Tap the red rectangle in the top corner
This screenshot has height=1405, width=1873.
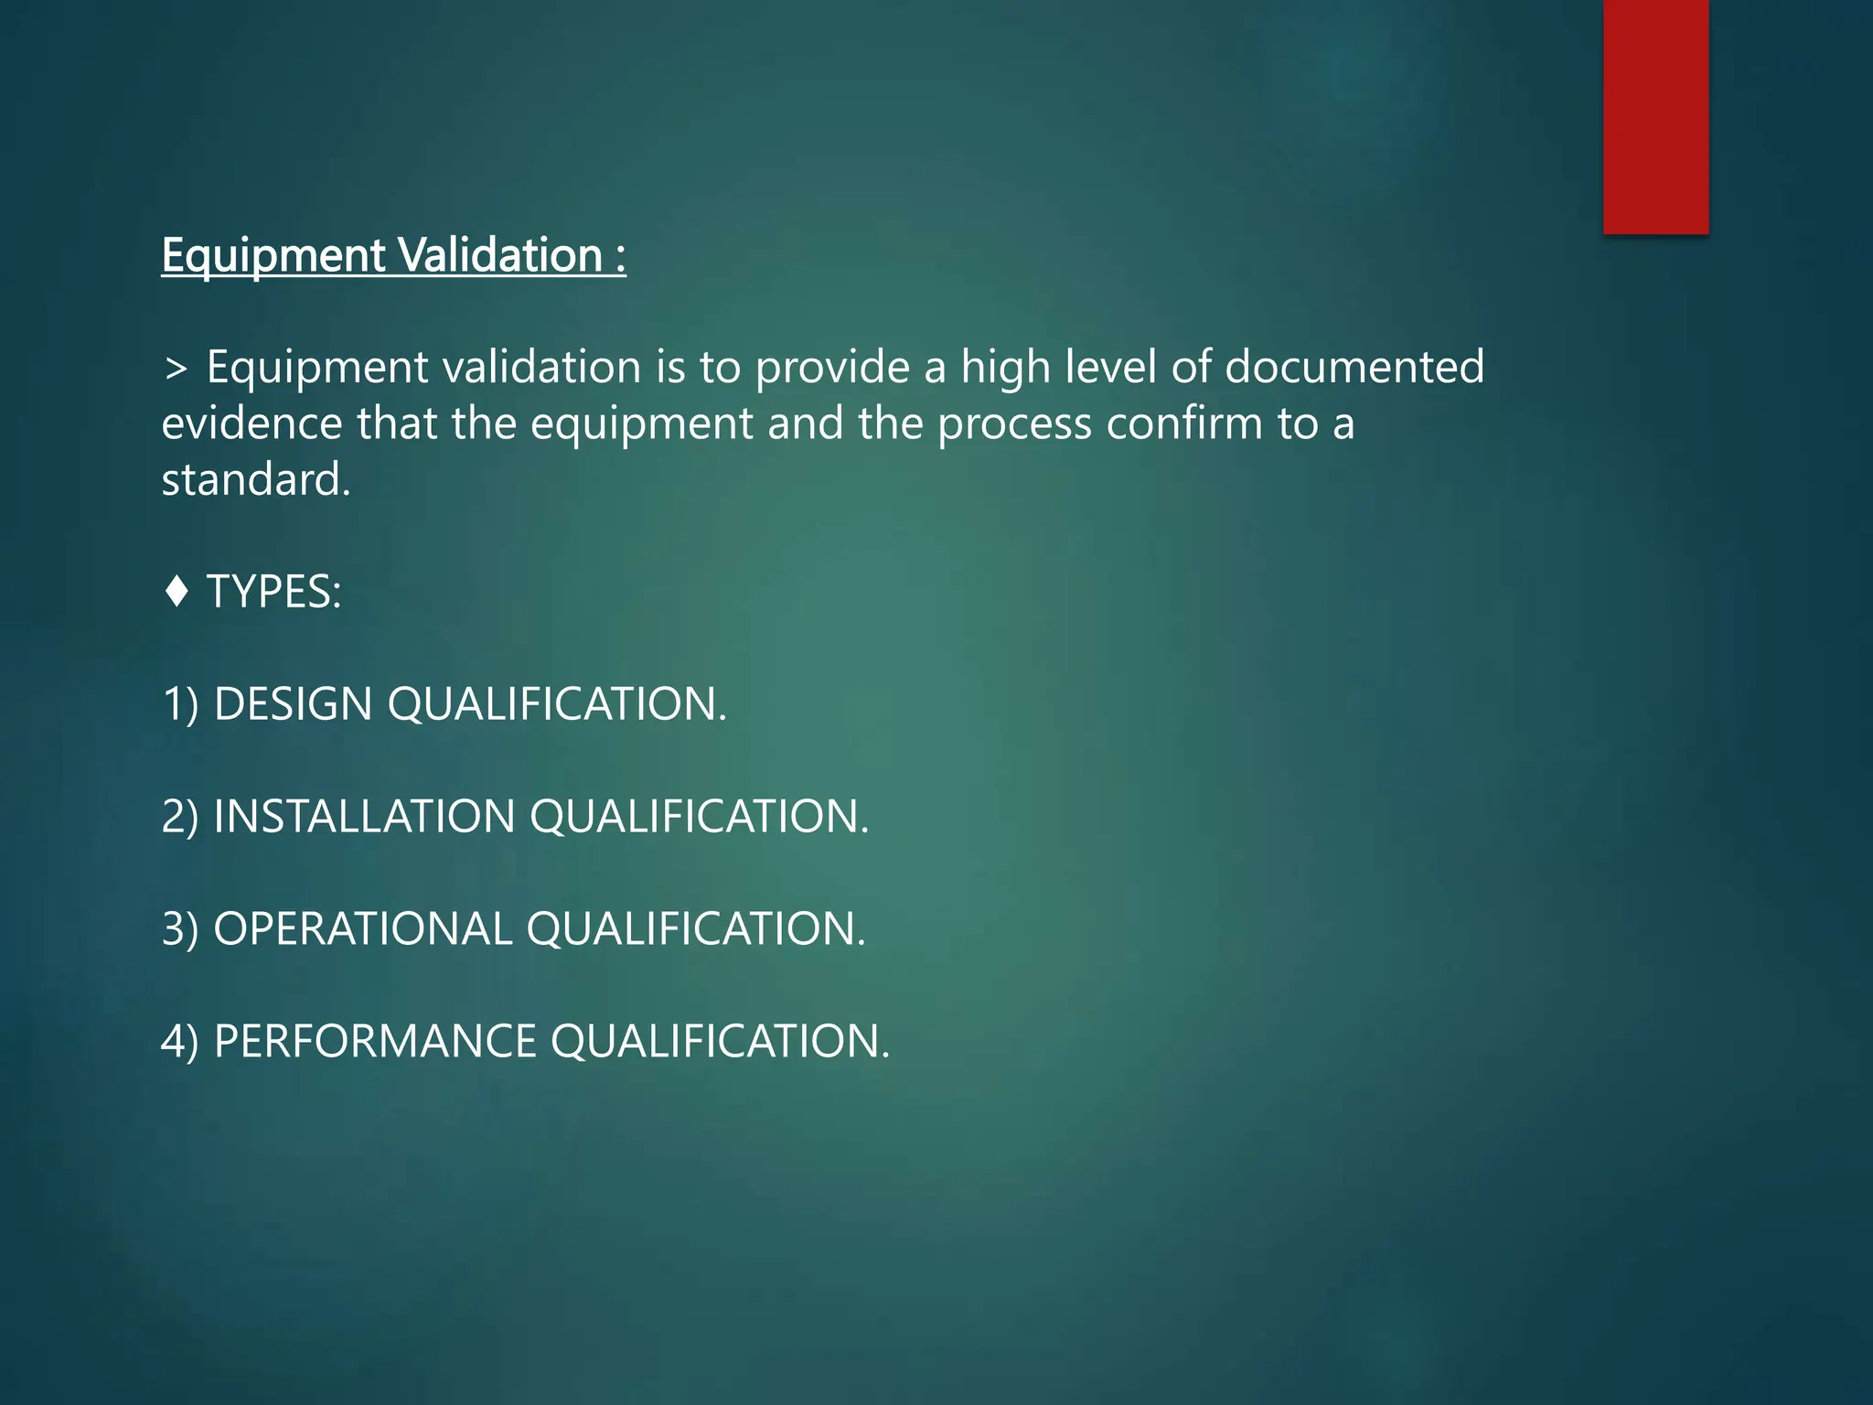[x=1655, y=116]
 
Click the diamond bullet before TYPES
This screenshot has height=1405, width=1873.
[x=177, y=591]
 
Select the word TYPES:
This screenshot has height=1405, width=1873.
[x=274, y=592]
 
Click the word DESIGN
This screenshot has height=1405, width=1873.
[x=293, y=704]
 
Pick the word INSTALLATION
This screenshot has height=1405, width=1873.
[x=364, y=816]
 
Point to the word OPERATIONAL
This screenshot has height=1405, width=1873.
[x=362, y=928]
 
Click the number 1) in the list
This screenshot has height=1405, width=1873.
[x=180, y=704]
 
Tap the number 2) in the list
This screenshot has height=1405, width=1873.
[x=180, y=816]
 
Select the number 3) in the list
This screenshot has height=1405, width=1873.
[x=180, y=928]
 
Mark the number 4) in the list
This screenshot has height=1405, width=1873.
[x=180, y=1041]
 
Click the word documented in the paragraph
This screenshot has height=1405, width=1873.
[x=1354, y=367]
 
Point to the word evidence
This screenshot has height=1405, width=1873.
[x=252, y=424]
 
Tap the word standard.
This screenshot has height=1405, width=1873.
[x=256, y=479]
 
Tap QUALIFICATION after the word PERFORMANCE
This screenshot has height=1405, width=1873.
[x=720, y=1041]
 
